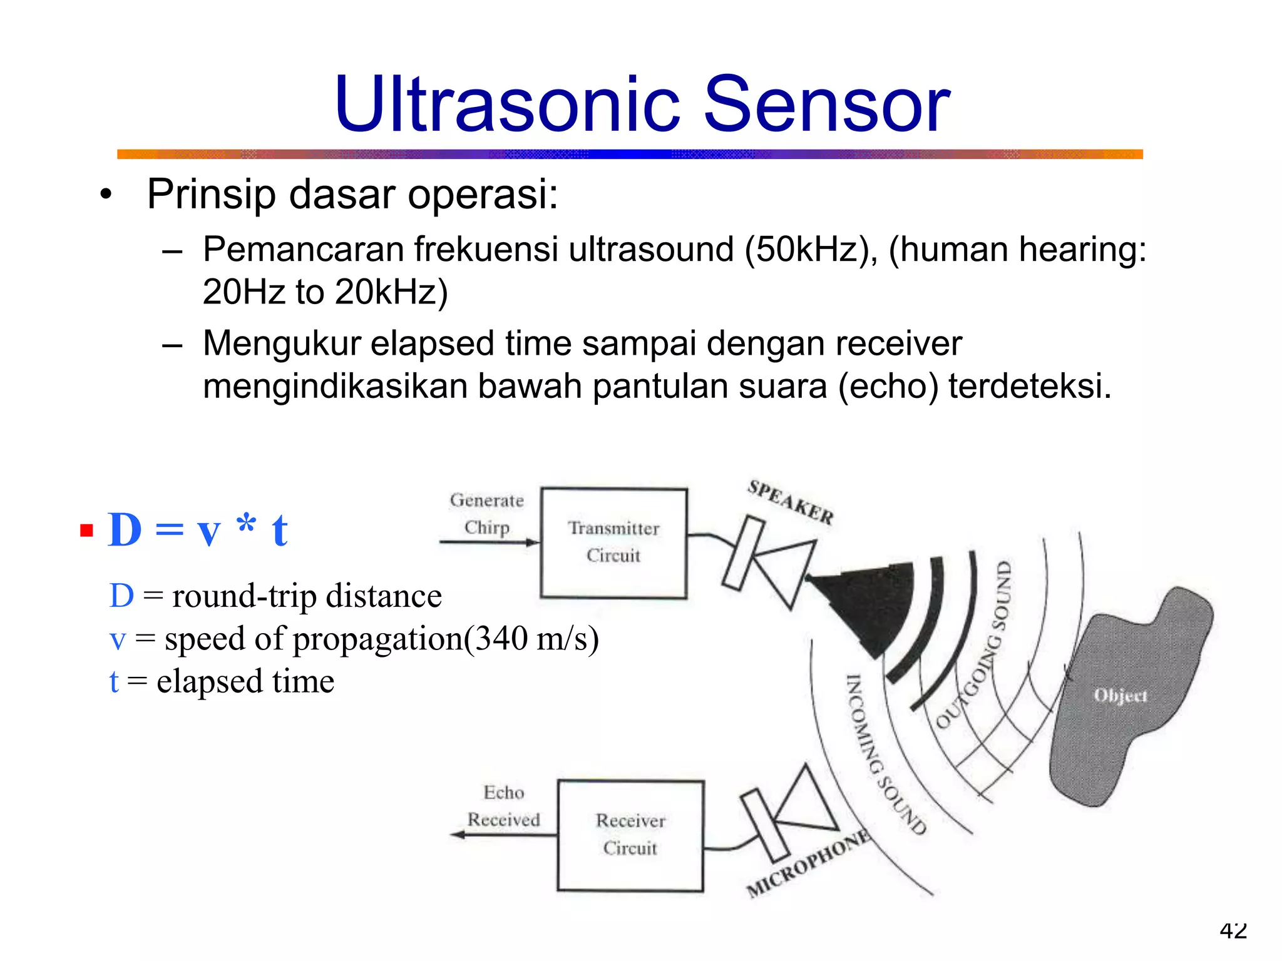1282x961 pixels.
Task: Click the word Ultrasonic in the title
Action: coord(507,105)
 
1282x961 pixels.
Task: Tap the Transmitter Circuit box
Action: coord(613,542)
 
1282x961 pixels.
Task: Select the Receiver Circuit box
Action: coord(630,835)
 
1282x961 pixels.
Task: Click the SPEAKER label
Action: coord(790,502)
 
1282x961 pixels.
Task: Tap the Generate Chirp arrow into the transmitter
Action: coord(488,542)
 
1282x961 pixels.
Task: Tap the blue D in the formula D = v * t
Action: coord(125,530)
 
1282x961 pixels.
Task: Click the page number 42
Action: coord(1233,930)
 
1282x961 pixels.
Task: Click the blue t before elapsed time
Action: coord(114,681)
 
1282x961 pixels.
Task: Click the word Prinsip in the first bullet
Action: coord(210,195)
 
